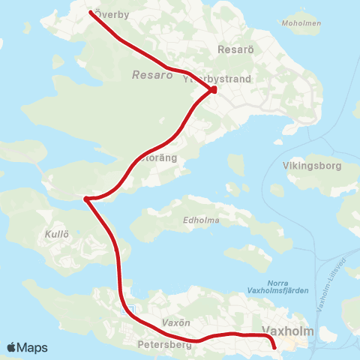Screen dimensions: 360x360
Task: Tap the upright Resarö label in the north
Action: [x=230, y=49]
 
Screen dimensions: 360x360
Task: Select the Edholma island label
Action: [x=199, y=220]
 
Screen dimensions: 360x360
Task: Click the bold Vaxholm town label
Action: [x=286, y=331]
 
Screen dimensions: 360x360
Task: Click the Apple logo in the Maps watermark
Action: [x=12, y=347]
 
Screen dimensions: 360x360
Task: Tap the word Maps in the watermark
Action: [x=33, y=347]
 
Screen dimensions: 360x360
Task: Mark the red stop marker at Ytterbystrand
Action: [x=214, y=90]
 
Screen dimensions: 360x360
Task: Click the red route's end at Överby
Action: [x=91, y=13]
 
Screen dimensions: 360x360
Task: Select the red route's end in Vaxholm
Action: [x=274, y=346]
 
